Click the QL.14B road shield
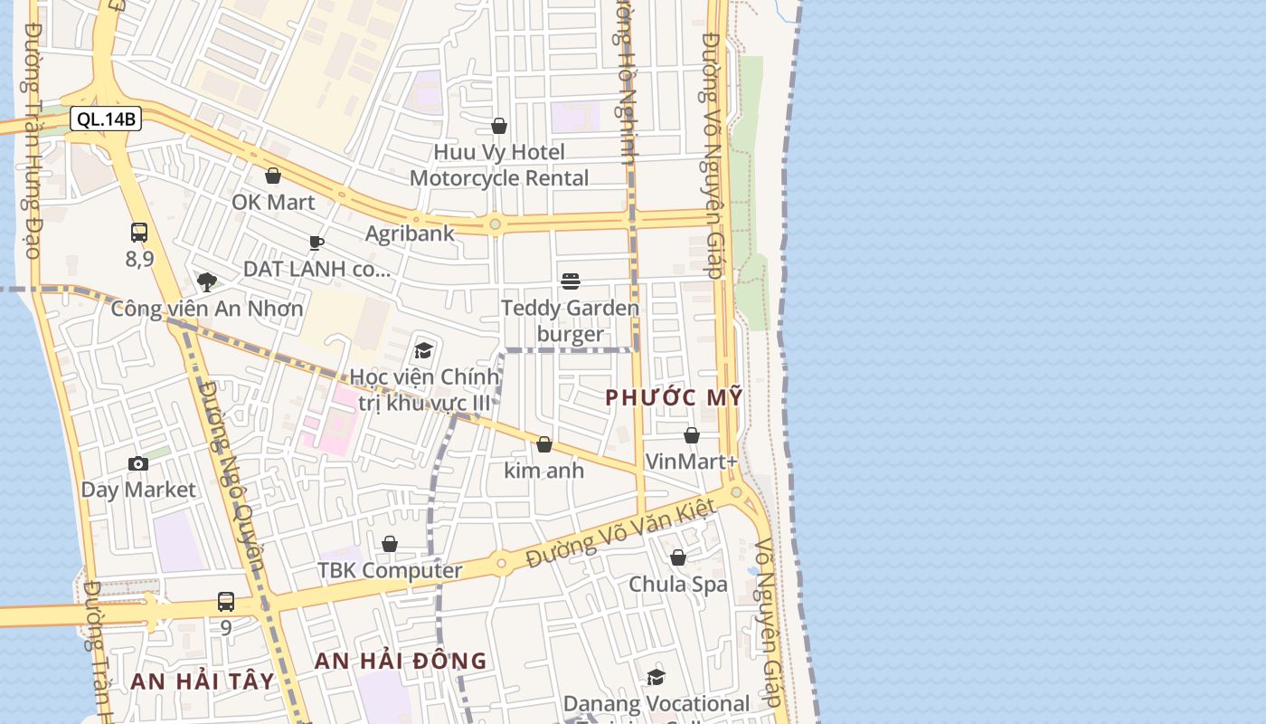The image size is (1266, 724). pos(106,119)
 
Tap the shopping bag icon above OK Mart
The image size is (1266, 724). pos(272,176)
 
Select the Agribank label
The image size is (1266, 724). pos(410,233)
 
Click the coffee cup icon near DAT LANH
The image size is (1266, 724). pos(316,243)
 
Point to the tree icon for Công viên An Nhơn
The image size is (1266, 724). pos(207,281)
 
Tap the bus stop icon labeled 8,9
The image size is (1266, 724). pos(138,233)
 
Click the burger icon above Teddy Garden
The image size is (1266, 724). pos(570,281)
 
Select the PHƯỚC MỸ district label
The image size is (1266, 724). pos(674,397)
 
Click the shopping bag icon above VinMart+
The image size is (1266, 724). pos(692,436)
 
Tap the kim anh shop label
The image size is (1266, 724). pos(543,471)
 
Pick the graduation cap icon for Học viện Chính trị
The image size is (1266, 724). pos(423,350)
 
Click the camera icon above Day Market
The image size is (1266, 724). pos(138,464)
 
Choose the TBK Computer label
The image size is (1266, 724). pos(389,571)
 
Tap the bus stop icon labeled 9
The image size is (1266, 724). pos(226,602)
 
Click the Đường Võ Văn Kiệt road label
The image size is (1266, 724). pos(620,535)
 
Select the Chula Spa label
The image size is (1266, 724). pos(677,585)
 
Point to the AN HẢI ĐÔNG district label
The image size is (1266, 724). pos(400,662)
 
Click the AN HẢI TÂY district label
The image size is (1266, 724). pos(202,681)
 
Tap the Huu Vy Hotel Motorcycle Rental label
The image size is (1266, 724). pos(499,165)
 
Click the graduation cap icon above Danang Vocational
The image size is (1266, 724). pos(656,677)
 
